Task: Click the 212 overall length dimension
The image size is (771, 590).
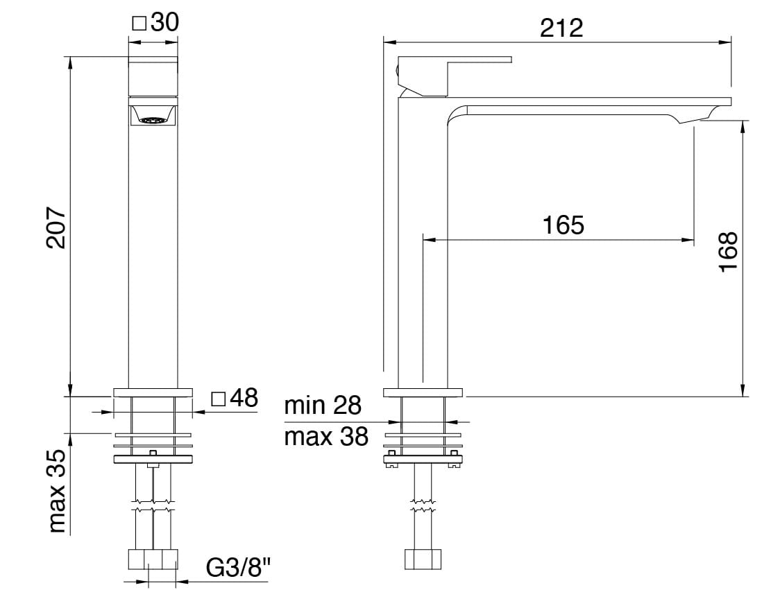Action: pyautogui.click(x=561, y=28)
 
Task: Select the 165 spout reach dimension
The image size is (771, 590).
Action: pyautogui.click(x=563, y=225)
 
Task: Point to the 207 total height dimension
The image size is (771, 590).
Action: pyautogui.click(x=56, y=227)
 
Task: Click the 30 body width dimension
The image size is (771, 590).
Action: pyautogui.click(x=164, y=22)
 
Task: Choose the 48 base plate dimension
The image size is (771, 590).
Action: pyautogui.click(x=243, y=398)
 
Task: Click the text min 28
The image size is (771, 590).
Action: pyautogui.click(x=323, y=406)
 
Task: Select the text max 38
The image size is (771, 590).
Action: pyautogui.click(x=326, y=437)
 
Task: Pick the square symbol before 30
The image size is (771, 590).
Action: pyautogui.click(x=139, y=24)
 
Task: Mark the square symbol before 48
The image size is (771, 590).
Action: pyautogui.click(x=219, y=399)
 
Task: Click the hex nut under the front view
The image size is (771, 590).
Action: pyautogui.click(x=153, y=559)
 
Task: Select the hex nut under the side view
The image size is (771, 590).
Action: pyautogui.click(x=423, y=559)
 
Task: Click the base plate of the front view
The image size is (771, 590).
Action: pyautogui.click(x=153, y=392)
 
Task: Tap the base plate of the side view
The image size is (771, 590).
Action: pyautogui.click(x=423, y=392)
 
